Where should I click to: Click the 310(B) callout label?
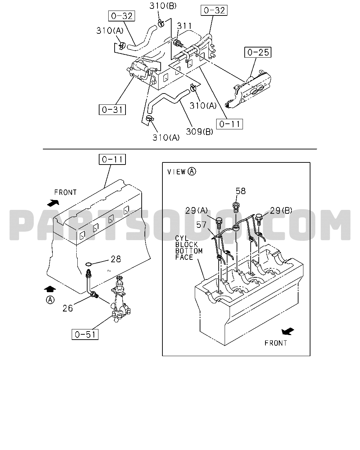163,6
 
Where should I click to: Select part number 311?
184,26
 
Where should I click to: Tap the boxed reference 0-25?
258,52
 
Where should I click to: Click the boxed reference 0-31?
112,110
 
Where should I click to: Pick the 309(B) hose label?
199,132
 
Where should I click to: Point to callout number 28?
116,259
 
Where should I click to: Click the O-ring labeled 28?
89,264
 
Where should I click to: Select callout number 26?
67,308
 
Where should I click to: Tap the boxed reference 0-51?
85,335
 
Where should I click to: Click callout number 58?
240,191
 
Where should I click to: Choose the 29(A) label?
197,211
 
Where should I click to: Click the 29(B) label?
281,210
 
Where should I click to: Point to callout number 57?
201,225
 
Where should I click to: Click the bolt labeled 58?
236,207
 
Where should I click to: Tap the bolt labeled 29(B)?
259,219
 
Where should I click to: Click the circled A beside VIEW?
192,172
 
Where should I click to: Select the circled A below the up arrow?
50,300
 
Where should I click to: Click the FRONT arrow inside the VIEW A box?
288,332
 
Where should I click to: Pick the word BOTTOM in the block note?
189,251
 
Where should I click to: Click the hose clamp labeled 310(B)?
161,23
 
